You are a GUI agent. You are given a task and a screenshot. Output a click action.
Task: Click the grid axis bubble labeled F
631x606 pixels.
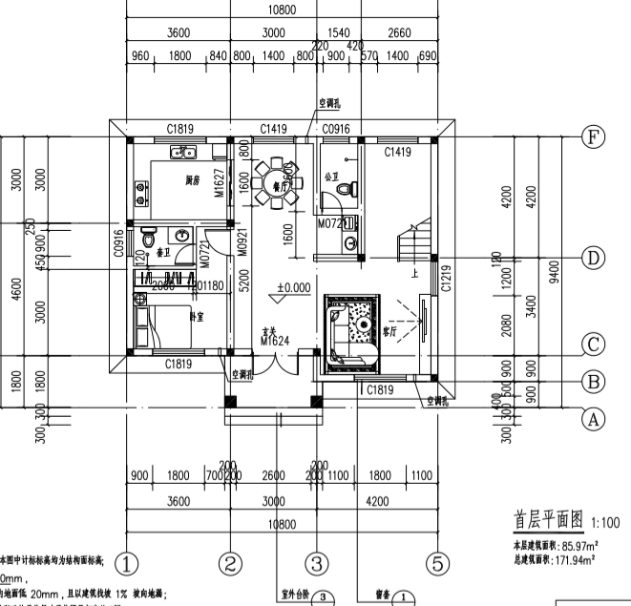(x=593, y=137)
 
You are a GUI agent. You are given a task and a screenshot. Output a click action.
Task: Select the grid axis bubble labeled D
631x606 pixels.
(x=593, y=258)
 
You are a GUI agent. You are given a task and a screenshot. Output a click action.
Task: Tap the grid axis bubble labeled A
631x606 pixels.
(x=593, y=418)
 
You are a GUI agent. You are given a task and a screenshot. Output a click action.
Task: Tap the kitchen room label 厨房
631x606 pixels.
(x=192, y=179)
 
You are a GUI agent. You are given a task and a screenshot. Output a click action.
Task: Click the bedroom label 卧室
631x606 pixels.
(x=195, y=316)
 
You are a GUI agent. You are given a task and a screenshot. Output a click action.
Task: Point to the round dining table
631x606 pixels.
(x=277, y=178)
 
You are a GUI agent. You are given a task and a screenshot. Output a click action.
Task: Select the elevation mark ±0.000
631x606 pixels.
(x=293, y=286)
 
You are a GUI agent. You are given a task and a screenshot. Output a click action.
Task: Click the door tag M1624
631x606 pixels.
(x=275, y=341)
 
